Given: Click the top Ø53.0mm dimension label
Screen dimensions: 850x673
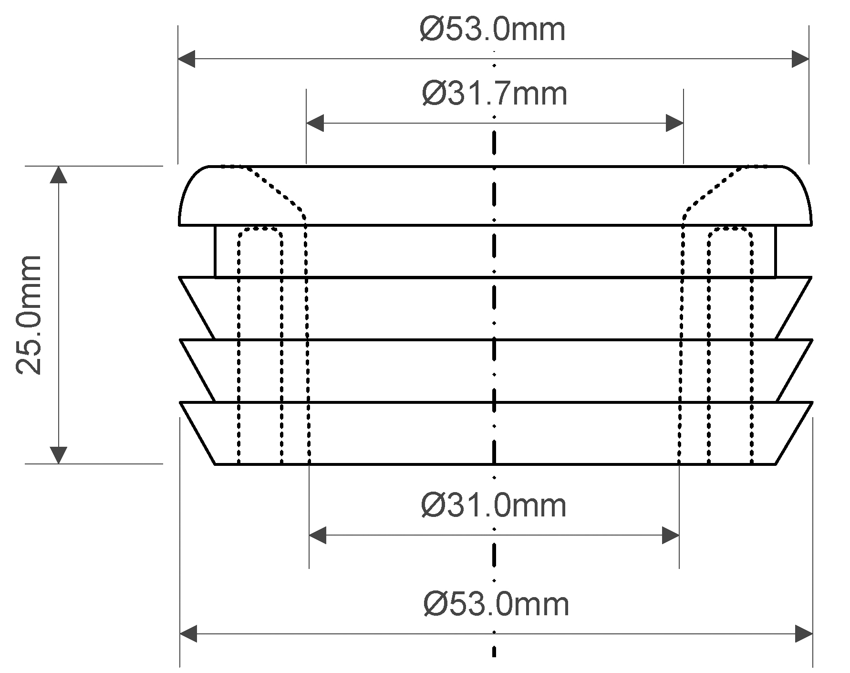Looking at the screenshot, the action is [493, 30].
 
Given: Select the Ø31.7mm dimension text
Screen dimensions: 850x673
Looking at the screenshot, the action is [495, 94].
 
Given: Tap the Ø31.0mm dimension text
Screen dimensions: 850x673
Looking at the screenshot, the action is [494, 505].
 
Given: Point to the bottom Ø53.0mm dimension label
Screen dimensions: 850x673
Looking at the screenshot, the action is [496, 604].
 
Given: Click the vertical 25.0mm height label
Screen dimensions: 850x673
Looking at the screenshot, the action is [29, 315].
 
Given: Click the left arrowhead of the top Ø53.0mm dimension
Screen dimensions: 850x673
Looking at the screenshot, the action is [187, 59].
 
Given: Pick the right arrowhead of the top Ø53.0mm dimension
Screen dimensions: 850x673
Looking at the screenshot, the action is [800, 59].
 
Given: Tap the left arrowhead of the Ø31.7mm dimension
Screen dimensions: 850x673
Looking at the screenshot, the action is [315, 123].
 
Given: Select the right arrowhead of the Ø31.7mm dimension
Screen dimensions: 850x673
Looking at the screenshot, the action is [675, 123].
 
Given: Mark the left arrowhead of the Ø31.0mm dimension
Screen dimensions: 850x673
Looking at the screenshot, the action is [318, 535].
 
